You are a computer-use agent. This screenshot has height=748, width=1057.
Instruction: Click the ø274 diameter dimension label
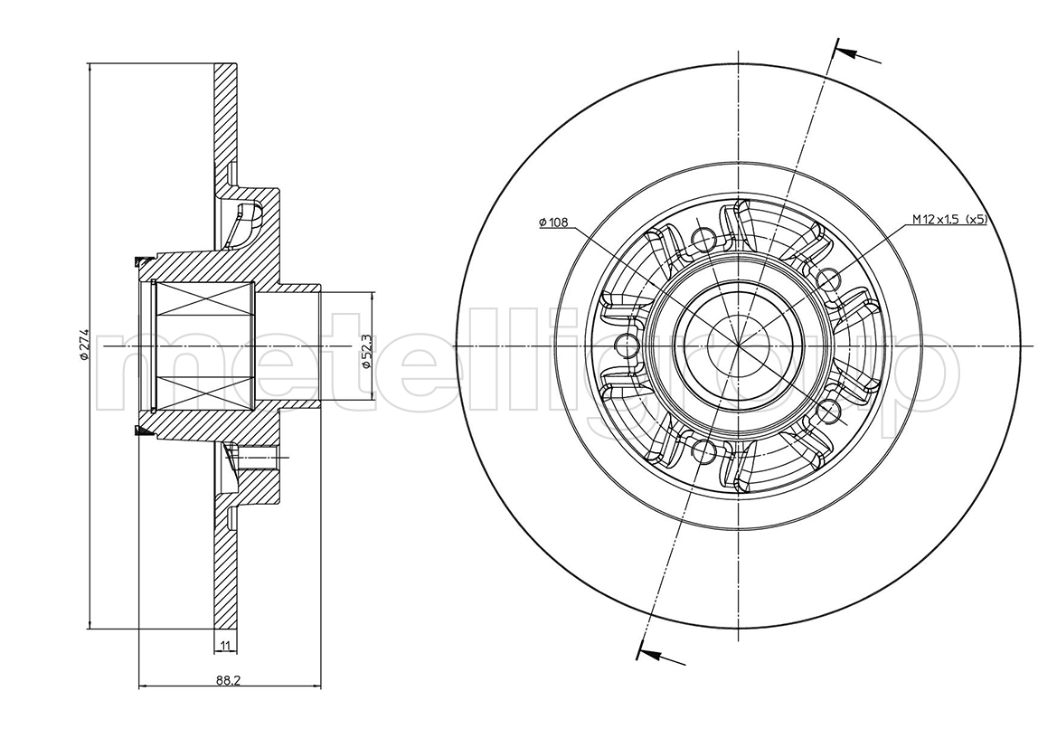pyautogui.click(x=84, y=346)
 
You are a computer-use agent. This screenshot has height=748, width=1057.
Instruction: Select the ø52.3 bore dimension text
pyautogui.click(x=366, y=351)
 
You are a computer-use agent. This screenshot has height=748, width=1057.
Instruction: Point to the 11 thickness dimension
pyautogui.click(x=226, y=646)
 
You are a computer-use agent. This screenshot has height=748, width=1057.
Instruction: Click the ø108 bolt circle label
pyautogui.click(x=553, y=222)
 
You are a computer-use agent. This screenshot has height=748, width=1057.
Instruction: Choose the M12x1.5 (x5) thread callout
pyautogui.click(x=949, y=219)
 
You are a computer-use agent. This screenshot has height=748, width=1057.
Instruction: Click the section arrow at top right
pyautogui.click(x=857, y=53)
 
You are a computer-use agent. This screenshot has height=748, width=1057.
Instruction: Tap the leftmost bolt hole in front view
pyautogui.click(x=628, y=346)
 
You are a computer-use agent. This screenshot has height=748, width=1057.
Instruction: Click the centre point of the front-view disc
pyautogui.click(x=740, y=346)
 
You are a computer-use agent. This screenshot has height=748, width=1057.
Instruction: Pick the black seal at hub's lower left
pyautogui.click(x=142, y=431)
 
